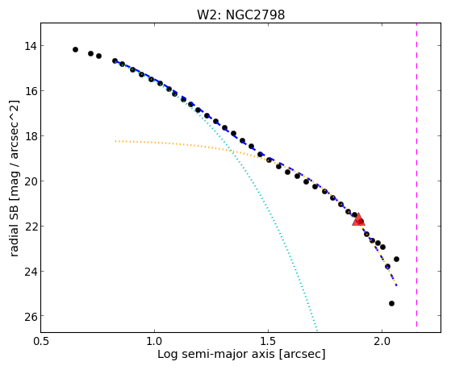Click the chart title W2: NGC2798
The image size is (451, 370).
coord(240,15)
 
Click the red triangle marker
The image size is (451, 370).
coord(358,219)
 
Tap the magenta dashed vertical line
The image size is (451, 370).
coord(416,175)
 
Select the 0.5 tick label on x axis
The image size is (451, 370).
coord(41,341)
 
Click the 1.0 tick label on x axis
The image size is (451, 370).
coord(154,341)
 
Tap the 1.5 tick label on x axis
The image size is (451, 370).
coord(268,341)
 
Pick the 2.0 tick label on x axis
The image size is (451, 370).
coord(382,341)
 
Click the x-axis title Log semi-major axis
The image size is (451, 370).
coord(216,354)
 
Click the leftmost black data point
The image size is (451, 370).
coord(75,50)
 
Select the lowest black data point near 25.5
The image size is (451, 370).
coord(391,303)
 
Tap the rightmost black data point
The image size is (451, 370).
coord(396,259)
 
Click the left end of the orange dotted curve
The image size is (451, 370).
coord(115,141)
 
